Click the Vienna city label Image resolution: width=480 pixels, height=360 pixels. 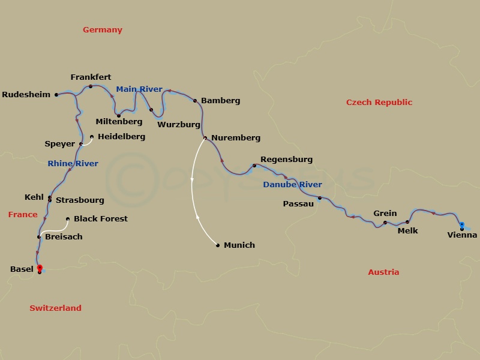(462, 235)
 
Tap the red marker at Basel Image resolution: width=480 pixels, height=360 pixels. (40, 268)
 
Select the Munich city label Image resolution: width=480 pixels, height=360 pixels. (239, 245)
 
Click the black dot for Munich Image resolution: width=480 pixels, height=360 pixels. (218, 245)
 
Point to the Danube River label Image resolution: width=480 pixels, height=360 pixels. (292, 185)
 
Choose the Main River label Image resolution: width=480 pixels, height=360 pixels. (139, 89)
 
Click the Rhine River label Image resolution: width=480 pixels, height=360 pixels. (73, 164)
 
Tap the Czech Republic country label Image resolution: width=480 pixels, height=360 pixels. (379, 103)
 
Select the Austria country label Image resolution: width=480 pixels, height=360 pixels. (383, 272)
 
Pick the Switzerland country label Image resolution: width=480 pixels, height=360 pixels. (55, 308)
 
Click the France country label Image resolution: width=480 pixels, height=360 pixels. (23, 215)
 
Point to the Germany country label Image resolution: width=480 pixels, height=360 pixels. (103, 30)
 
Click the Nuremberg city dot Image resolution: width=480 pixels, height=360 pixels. (205, 138)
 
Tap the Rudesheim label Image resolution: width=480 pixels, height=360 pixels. (26, 95)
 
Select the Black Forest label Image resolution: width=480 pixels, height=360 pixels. (101, 219)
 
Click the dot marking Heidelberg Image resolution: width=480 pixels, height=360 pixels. (92, 137)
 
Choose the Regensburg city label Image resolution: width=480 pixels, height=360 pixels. (286, 160)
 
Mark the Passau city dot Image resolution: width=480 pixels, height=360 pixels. (320, 198)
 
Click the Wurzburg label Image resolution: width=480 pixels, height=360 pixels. (179, 125)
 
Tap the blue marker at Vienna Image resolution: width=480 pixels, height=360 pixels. (461, 224)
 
